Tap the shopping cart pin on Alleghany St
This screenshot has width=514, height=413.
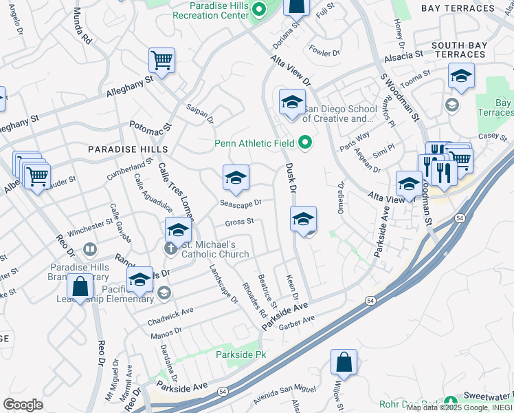[161, 61]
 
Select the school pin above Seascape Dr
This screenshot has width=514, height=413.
[236, 178]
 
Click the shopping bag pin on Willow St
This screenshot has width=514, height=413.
[344, 362]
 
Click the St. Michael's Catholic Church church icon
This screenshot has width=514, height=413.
[170, 247]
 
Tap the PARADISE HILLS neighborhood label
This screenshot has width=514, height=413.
[127, 149]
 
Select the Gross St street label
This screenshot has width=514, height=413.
[240, 222]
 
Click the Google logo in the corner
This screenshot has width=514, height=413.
[23, 405]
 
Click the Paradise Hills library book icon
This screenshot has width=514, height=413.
[89, 248]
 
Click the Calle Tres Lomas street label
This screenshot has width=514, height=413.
[177, 192]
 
